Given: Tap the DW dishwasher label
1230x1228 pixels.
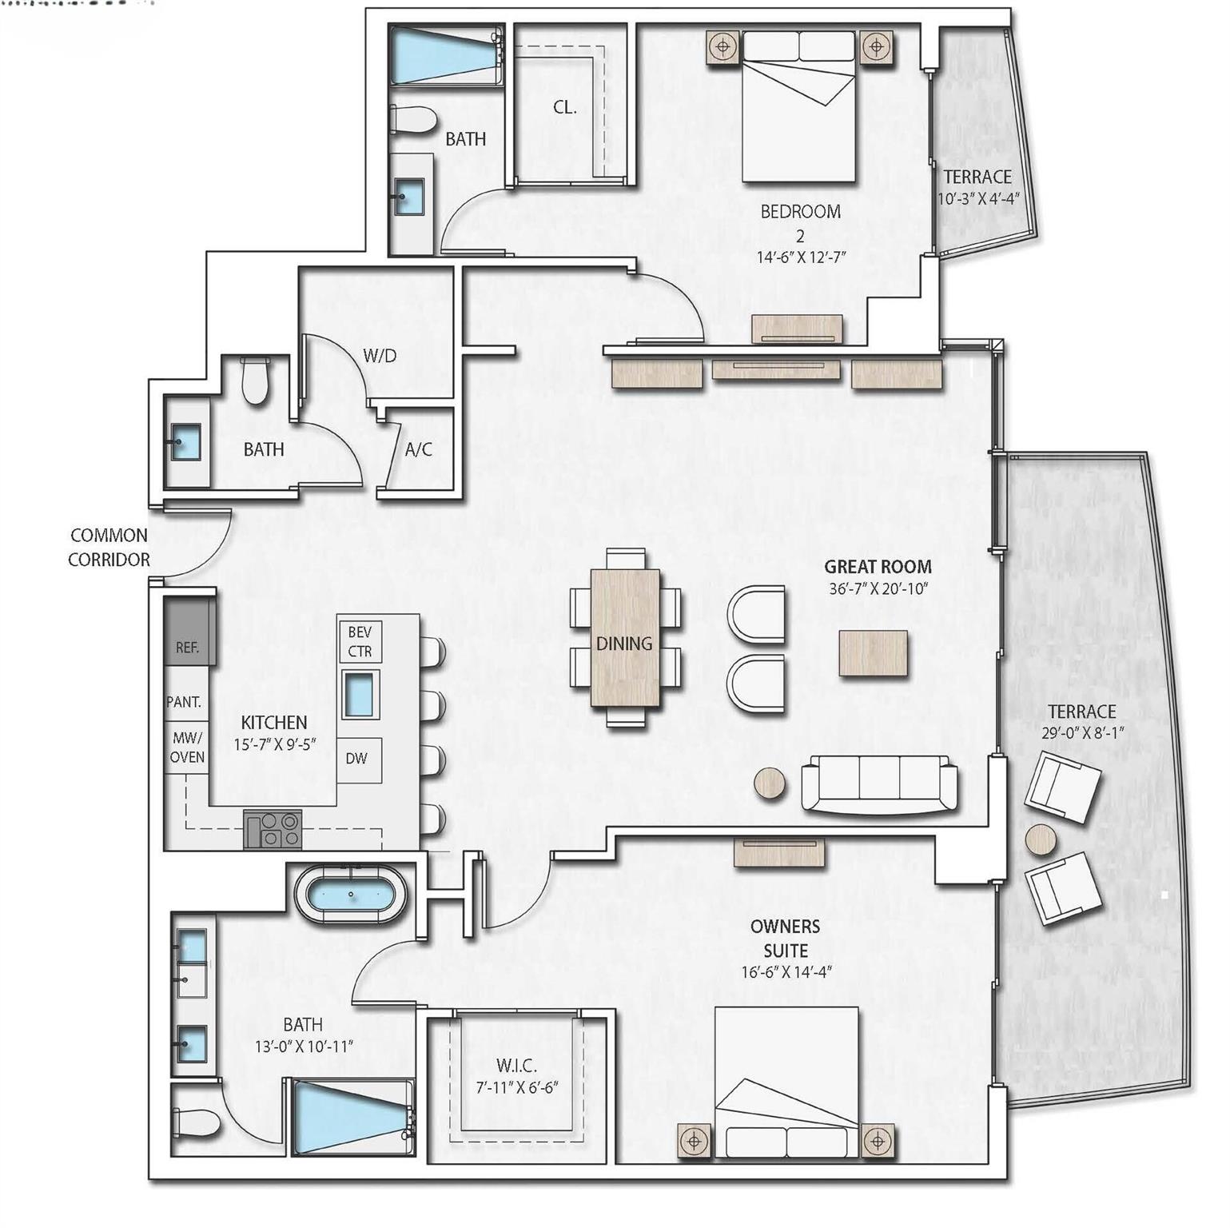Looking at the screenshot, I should point(356,758).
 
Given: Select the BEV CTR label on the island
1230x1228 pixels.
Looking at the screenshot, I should point(360,642).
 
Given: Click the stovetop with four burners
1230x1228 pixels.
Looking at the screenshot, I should point(273,829).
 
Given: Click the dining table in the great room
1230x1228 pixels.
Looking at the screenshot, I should point(625,638).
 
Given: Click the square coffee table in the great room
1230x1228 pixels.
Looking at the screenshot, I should point(873,653).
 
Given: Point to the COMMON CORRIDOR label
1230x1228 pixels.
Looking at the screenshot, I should point(109,548).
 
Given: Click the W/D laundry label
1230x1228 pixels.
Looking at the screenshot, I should point(380,356).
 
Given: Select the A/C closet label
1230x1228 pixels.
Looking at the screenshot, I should point(418,449).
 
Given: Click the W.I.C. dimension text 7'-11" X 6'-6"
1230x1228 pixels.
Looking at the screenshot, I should point(515,1087).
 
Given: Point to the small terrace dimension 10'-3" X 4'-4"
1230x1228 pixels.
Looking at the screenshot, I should point(978,199).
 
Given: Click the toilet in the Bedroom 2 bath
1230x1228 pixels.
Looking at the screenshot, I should point(413,120).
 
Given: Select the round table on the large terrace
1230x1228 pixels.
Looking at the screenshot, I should point(1041,839).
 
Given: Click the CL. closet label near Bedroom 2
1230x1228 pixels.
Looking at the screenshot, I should point(564,107).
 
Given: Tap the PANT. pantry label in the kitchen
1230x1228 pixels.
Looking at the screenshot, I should point(184,702).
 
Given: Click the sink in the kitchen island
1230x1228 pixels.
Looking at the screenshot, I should point(359,694).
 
